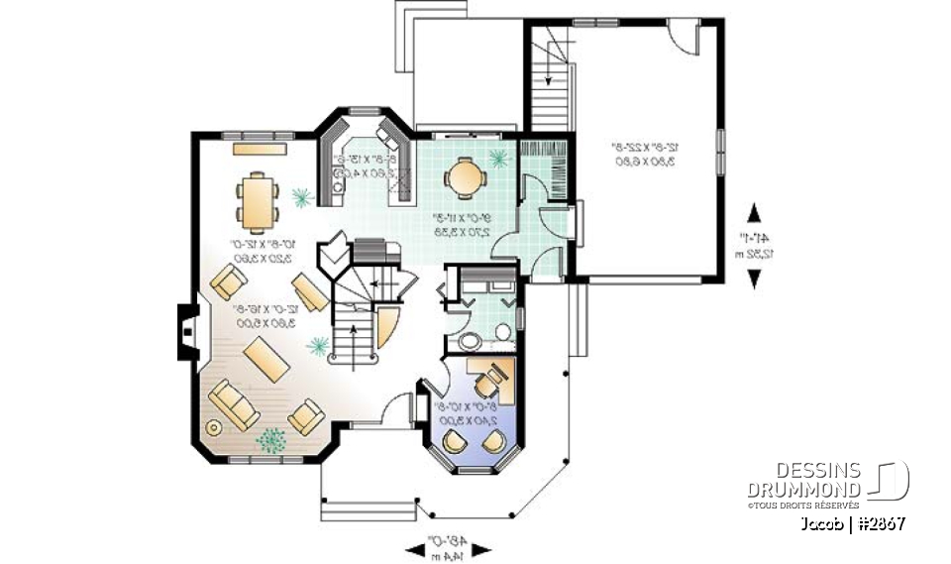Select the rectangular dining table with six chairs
(x=258, y=199)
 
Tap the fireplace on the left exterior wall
(x=185, y=331)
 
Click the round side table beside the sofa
(x=213, y=427)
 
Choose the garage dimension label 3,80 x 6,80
(x=645, y=161)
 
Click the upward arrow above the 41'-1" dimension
(x=755, y=213)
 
